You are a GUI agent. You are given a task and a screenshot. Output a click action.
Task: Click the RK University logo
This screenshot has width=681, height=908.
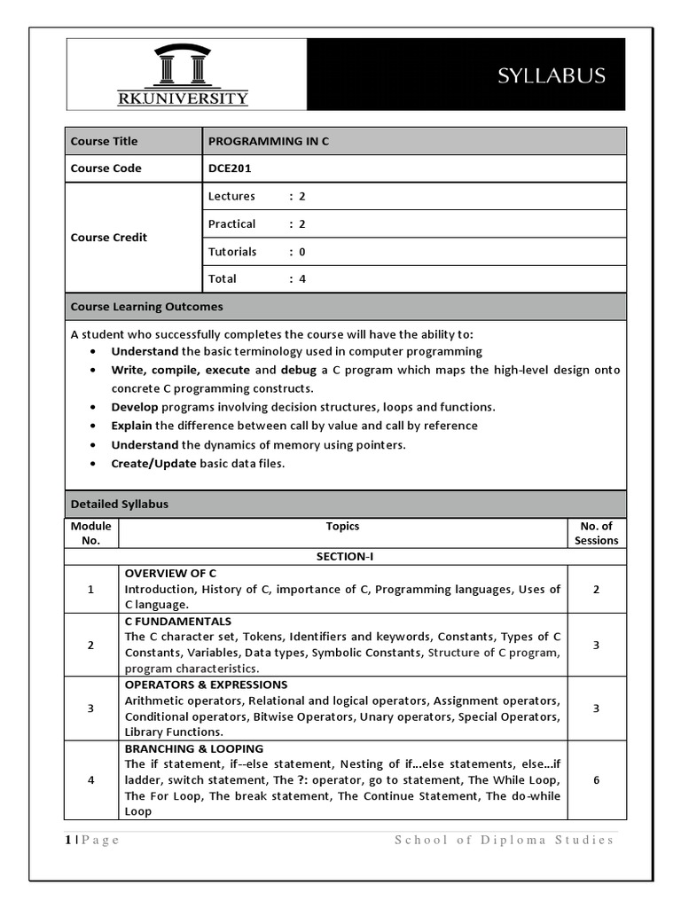click(x=184, y=74)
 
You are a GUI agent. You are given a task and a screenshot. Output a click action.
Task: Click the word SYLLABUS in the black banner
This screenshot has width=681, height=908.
click(x=551, y=76)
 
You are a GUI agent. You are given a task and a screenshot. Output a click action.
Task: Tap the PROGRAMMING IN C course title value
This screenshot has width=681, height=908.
click(x=268, y=141)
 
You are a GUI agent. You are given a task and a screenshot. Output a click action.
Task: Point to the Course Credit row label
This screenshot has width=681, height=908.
click(x=109, y=238)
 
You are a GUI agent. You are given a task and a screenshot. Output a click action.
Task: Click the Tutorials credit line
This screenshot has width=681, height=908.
click(x=256, y=252)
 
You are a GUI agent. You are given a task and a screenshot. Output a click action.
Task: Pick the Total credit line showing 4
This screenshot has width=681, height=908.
click(x=256, y=279)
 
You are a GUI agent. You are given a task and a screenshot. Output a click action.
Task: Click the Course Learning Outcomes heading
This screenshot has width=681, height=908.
click(x=147, y=307)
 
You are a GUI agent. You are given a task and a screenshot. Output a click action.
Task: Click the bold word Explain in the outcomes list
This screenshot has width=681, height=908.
click(x=131, y=426)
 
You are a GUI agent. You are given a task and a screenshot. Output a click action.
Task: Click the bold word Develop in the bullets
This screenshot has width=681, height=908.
click(x=134, y=407)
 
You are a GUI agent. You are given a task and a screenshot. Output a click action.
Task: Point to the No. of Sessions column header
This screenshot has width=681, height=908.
click(x=596, y=533)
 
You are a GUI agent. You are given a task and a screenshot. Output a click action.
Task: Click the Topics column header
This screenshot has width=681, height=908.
click(x=342, y=527)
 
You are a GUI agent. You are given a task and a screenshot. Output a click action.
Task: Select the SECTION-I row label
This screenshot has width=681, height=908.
click(x=345, y=557)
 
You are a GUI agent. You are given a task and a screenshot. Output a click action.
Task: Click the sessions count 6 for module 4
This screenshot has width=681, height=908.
click(x=596, y=780)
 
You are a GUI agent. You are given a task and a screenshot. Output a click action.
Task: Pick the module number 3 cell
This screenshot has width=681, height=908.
click(x=90, y=708)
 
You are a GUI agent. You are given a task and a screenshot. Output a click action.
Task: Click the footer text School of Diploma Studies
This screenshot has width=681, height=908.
click(x=504, y=841)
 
